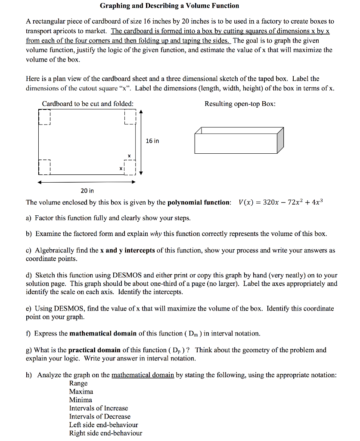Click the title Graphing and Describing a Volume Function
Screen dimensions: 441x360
(169, 6)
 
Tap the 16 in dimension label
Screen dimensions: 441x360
(152, 141)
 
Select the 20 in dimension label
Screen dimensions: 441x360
(87, 190)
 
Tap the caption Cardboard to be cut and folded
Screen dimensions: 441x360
(87, 104)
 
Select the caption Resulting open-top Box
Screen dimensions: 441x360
(240, 104)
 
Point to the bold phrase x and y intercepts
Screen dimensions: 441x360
(127, 250)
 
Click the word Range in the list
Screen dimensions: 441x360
(78, 383)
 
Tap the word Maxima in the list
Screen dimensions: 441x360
(81, 391)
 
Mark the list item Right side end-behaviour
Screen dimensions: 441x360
(106, 433)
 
